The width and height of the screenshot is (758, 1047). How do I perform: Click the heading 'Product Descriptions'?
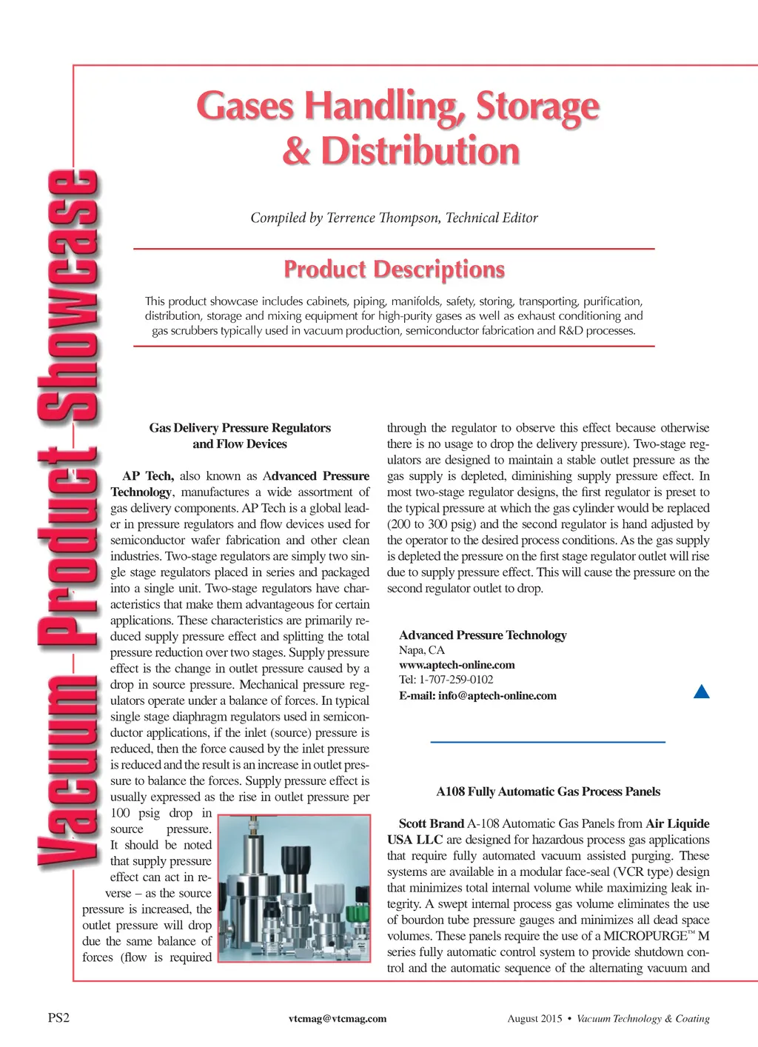click(394, 269)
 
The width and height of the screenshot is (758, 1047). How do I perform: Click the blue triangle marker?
click(701, 692)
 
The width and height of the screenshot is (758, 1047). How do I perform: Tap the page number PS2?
click(58, 1018)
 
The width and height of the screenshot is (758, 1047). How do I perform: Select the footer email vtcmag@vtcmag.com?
click(338, 1019)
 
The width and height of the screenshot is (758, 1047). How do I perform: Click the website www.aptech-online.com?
click(457, 665)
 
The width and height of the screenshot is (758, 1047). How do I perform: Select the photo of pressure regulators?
click(295, 888)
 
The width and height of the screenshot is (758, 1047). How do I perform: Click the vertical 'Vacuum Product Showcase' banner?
click(68, 518)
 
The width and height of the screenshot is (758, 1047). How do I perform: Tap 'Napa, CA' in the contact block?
click(422, 650)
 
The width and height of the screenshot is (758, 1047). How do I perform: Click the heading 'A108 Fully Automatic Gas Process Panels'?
click(548, 792)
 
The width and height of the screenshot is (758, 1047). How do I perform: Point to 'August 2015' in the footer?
click(534, 1019)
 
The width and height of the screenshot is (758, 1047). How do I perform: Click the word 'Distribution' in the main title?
click(420, 151)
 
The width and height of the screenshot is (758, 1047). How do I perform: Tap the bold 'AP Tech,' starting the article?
click(148, 476)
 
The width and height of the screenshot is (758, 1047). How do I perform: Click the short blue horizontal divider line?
click(548, 741)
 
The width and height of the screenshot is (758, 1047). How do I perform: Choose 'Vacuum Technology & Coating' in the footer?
click(643, 1019)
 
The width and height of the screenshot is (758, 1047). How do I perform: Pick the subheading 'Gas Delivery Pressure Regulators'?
click(240, 428)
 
